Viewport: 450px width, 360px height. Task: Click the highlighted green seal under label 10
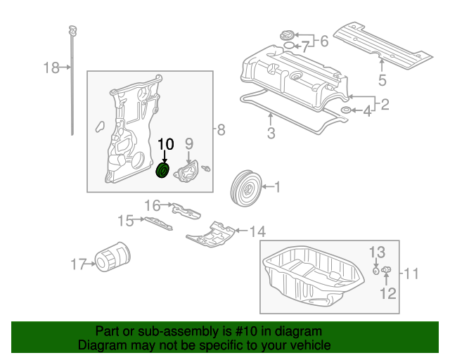point(162,171)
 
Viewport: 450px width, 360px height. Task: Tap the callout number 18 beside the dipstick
point(51,67)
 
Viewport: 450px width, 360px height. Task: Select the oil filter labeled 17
point(112,257)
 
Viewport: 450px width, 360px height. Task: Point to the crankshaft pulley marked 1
point(246,188)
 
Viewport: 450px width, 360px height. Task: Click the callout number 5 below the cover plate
point(382,80)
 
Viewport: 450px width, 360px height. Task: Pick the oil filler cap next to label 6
point(286,36)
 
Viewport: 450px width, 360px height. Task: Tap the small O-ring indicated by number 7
point(289,46)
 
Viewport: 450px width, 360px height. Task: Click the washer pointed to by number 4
point(347,110)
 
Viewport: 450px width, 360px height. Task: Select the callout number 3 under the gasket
point(271,133)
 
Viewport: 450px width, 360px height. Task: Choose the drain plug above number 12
point(386,269)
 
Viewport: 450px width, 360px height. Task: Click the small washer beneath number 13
point(375,271)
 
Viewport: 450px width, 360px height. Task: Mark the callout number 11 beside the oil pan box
point(411,274)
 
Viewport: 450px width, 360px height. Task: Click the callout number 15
point(125,221)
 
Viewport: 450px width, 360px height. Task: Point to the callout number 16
point(152,205)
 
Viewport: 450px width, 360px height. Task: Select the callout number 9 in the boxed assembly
point(189,144)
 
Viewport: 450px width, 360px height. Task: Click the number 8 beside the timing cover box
point(221,130)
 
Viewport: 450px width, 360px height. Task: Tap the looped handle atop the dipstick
point(73,30)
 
